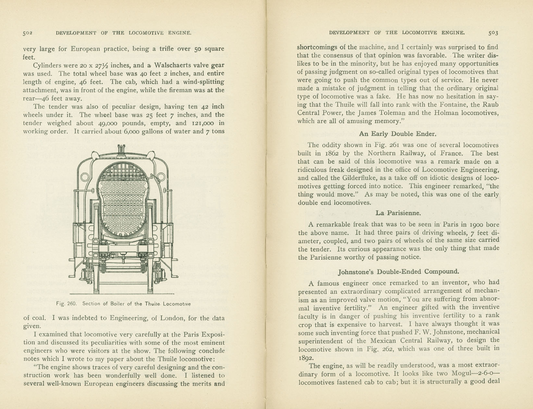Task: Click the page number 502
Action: pyautogui.click(x=28, y=33)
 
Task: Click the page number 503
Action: pyautogui.click(x=493, y=32)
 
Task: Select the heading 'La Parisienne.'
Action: pyautogui.click(x=398, y=213)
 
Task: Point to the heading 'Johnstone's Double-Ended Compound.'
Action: pyautogui.click(x=399, y=272)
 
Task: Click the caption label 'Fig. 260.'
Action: pyautogui.click(x=66, y=304)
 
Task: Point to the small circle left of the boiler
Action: pyautogui.click(x=85, y=177)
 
